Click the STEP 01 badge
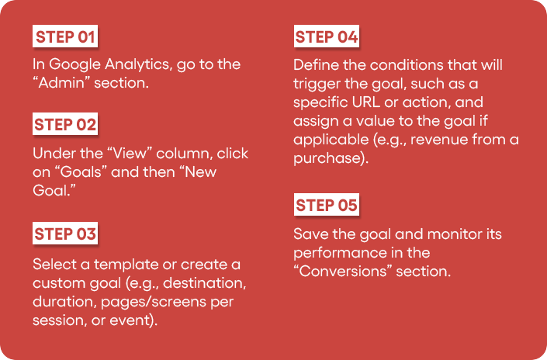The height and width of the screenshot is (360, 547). [65, 36]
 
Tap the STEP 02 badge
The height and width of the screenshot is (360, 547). [65, 124]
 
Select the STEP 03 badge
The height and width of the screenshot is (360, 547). [65, 233]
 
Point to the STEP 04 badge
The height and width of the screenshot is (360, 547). [327, 36]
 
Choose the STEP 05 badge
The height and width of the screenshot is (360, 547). [327, 204]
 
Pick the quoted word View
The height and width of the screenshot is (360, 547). [130, 154]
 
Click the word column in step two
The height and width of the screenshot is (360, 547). [185, 154]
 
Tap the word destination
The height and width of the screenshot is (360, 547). [204, 283]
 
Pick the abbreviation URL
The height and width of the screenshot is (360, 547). [366, 102]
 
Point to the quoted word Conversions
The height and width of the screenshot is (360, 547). [343, 272]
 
